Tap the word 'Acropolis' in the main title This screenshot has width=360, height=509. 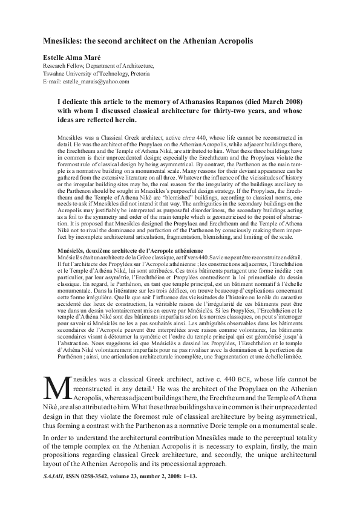click(232, 44)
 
